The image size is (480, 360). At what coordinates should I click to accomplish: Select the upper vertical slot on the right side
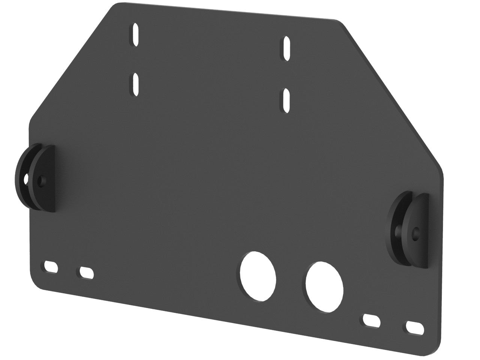pyautogui.click(x=286, y=48)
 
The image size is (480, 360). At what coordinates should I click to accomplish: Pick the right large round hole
pyautogui.click(x=324, y=286)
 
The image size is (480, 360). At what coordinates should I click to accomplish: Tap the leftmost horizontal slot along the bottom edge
pyautogui.click(x=51, y=267)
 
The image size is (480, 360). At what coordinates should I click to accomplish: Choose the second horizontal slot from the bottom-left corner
pyautogui.click(x=86, y=273)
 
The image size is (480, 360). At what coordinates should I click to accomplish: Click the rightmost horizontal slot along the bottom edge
pyautogui.click(x=414, y=327)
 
